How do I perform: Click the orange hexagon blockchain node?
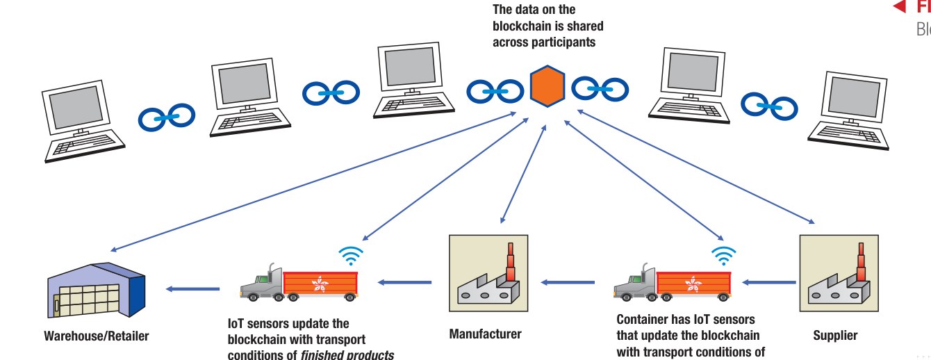click(547, 86)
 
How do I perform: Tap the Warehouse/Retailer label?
click(97, 336)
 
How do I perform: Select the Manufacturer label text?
click(485, 334)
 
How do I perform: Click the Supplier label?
click(835, 336)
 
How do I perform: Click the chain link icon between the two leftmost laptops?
click(167, 118)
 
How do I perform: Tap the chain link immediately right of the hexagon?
click(600, 89)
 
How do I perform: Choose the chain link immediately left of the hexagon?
click(495, 90)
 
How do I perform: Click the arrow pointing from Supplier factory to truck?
click(768, 282)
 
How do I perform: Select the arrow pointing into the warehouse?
click(192, 288)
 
